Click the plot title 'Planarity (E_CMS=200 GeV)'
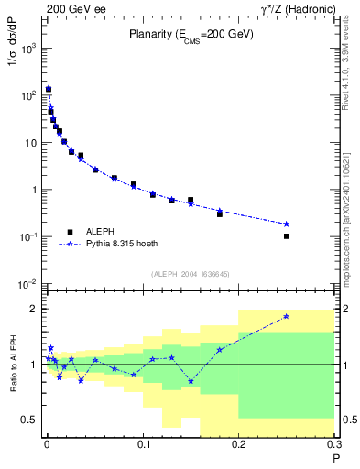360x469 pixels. click(x=191, y=35)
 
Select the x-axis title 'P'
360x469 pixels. click(x=335, y=458)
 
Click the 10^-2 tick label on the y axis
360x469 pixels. click(x=25, y=284)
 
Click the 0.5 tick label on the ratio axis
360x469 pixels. click(x=28, y=420)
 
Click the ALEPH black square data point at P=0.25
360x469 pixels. click(x=287, y=236)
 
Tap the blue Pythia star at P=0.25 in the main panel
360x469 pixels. click(x=287, y=224)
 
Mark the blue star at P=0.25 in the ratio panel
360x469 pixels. click(x=287, y=316)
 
